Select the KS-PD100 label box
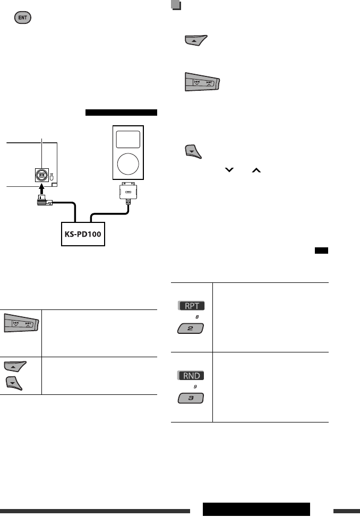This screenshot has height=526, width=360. (82, 234)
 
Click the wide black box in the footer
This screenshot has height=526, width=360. (256, 508)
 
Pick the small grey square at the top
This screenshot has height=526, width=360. (176, 5)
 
